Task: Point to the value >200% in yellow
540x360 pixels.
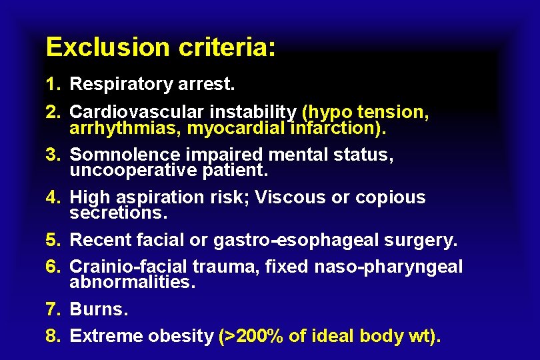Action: (x=251, y=336)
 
